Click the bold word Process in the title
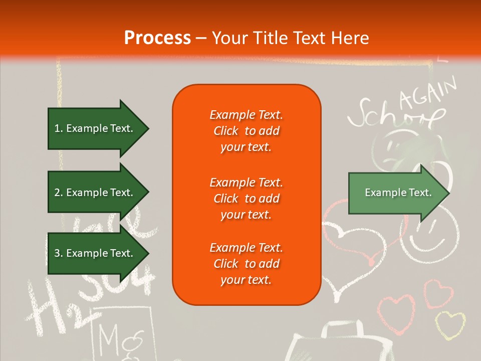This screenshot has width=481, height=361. click(x=157, y=38)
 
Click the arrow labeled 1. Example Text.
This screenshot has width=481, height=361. click(x=98, y=128)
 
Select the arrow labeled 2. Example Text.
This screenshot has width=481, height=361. click(x=98, y=193)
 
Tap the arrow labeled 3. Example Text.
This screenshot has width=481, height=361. click(x=98, y=253)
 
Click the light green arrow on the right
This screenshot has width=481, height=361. click(x=398, y=193)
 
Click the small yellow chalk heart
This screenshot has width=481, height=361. click(x=449, y=324)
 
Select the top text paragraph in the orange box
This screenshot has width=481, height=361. click(x=246, y=131)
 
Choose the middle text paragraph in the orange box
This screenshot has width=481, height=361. click(x=246, y=199)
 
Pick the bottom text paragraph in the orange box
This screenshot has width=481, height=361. click(x=246, y=264)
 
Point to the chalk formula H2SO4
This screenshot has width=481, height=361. click(x=90, y=296)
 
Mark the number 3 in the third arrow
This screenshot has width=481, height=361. click(x=57, y=253)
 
